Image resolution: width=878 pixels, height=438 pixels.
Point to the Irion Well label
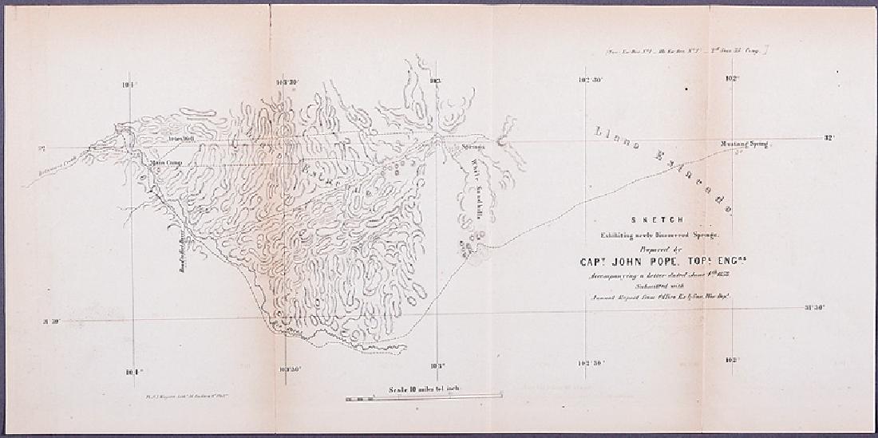coord(182,138)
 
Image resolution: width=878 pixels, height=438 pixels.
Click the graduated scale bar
coord(424,397)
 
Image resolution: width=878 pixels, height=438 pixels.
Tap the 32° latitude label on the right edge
coord(829,138)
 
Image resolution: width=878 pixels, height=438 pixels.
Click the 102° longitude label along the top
coord(731,79)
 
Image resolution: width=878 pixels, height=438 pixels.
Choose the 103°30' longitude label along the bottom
coord(286,369)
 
